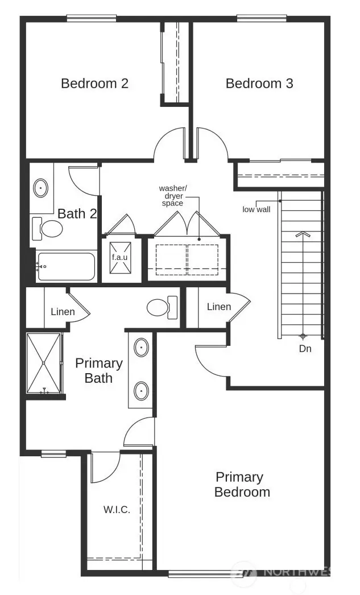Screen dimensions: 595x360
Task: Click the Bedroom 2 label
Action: point(94,84)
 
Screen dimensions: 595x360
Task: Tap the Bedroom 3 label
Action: point(259,84)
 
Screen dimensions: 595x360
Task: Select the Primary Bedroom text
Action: point(242,484)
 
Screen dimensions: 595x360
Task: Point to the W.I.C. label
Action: point(117,510)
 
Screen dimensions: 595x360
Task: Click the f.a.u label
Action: point(119,257)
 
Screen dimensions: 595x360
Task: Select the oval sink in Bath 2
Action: point(41,188)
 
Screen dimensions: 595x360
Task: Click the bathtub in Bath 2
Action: point(66,266)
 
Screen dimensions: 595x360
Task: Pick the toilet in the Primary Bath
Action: point(161,308)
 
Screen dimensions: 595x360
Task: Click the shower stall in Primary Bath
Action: point(44,363)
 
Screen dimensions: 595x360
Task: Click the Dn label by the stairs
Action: point(305,349)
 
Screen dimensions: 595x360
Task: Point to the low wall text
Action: point(256,209)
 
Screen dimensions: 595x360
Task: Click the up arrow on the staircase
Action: point(302,234)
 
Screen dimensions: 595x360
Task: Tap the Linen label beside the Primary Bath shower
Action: point(63,312)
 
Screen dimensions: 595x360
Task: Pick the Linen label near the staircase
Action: point(219,307)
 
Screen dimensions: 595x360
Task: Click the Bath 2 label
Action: point(77,214)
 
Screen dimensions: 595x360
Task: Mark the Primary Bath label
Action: point(99,370)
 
